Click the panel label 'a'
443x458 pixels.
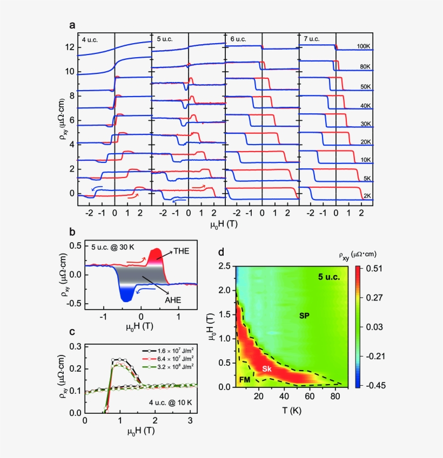click(x=72, y=25)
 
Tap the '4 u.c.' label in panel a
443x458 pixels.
click(x=90, y=39)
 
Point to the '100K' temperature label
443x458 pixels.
click(x=363, y=47)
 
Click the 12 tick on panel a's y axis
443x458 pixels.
click(x=69, y=47)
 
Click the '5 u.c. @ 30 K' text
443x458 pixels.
click(x=109, y=249)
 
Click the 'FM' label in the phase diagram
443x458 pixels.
click(x=245, y=380)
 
